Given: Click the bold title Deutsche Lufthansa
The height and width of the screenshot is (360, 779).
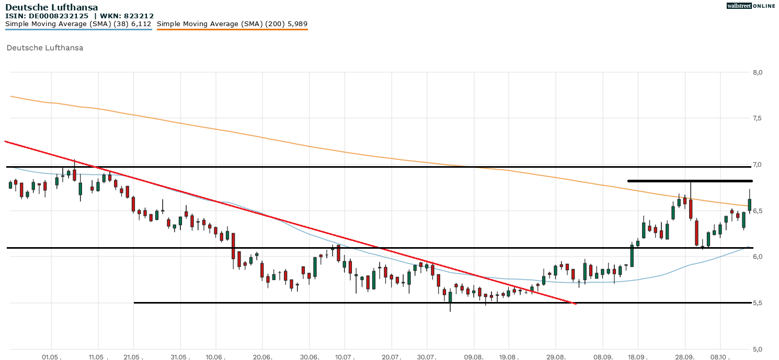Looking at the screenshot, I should [52, 7].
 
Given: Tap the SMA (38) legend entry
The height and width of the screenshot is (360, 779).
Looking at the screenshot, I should [78, 24].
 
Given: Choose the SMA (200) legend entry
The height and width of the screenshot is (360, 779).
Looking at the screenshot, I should [232, 24].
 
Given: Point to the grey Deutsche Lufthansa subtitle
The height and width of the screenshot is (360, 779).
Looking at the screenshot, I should [45, 48].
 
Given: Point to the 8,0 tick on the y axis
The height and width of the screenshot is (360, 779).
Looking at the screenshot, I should [758, 72].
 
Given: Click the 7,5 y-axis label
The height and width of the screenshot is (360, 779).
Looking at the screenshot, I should [758, 119].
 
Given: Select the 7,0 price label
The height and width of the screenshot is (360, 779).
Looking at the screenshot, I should [758, 165].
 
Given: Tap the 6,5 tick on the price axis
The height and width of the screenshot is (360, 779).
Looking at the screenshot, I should [758, 211].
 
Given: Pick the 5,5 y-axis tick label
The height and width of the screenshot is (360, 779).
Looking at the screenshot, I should [758, 303].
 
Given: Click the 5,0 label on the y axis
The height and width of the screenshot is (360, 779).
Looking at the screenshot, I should [758, 349].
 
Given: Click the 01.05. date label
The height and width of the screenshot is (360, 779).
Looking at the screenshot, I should [51, 357].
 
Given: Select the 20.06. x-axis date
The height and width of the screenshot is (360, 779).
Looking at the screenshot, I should [262, 357].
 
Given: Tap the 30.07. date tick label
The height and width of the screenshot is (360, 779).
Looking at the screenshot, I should [427, 357].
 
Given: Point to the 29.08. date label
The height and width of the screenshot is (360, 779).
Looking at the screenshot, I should [556, 357].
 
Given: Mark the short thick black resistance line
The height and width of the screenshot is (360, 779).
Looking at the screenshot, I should [690, 181].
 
